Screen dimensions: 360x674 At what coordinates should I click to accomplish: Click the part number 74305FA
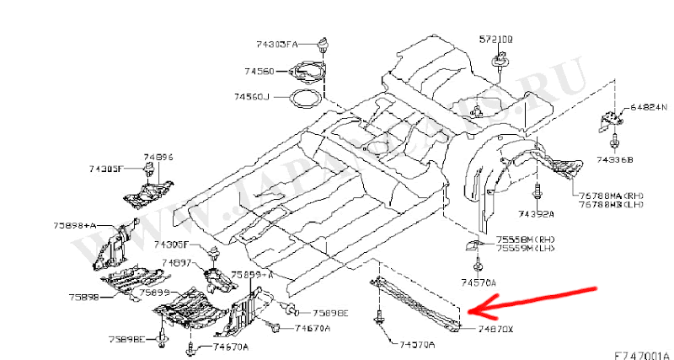[x=276, y=43]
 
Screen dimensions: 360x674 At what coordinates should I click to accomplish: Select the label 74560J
[x=252, y=97]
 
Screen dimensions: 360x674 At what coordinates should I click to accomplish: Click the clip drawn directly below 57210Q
[x=498, y=62]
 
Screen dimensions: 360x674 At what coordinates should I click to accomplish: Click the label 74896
[x=158, y=157]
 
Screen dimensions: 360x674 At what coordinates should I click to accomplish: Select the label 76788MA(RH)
[x=609, y=196]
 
